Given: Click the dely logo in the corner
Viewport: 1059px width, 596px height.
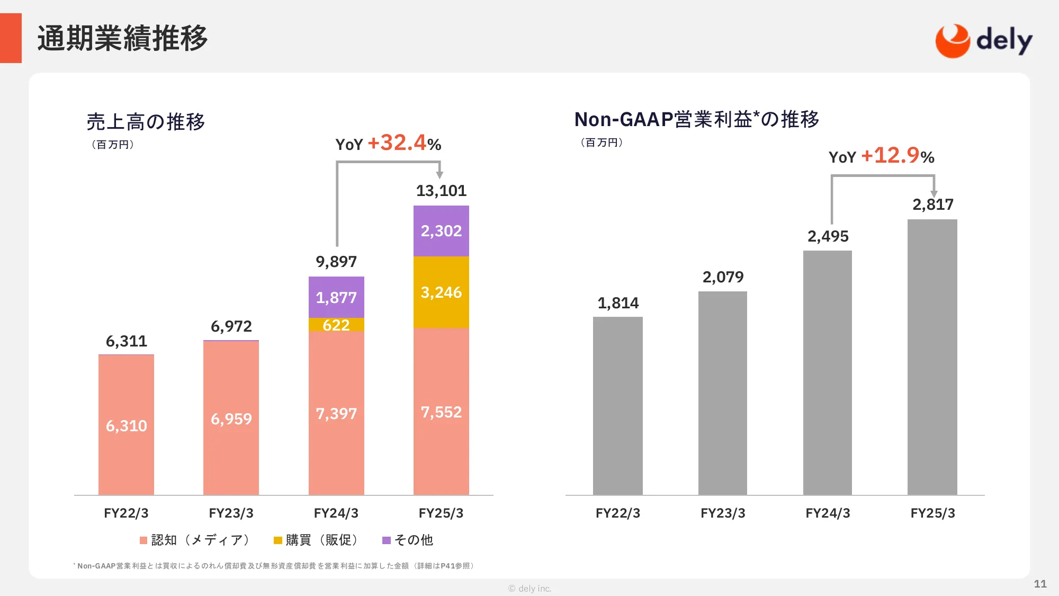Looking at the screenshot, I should pyautogui.click(x=983, y=41).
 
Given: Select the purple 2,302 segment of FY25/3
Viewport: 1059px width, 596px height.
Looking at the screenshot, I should pyautogui.click(x=441, y=231).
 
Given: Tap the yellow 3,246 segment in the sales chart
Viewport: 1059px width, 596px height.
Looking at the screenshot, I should pyautogui.click(x=441, y=292).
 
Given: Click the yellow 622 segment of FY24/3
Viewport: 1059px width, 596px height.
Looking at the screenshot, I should pyautogui.click(x=336, y=325).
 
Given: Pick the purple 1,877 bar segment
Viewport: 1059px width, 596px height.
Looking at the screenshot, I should pyautogui.click(x=336, y=297).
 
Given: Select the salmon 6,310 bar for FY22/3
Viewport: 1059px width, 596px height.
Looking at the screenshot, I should pyautogui.click(x=126, y=425).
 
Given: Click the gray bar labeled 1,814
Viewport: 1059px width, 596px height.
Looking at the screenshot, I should pyautogui.click(x=617, y=406).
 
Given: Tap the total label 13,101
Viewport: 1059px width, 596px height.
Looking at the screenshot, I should pyautogui.click(x=441, y=191).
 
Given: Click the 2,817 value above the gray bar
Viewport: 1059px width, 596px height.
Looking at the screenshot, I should pyautogui.click(x=932, y=204).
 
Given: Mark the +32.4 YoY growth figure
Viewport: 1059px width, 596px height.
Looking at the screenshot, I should pyautogui.click(x=397, y=143).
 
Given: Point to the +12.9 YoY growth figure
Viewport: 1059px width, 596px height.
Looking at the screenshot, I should pyautogui.click(x=891, y=156).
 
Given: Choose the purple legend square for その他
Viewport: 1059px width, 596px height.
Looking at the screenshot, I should pyautogui.click(x=387, y=540).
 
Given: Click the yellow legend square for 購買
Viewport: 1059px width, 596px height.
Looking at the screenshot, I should pyautogui.click(x=277, y=540).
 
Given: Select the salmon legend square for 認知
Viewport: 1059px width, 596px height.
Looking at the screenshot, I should pyautogui.click(x=143, y=540).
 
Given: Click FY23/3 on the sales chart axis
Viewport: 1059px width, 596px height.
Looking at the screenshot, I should pyautogui.click(x=231, y=513).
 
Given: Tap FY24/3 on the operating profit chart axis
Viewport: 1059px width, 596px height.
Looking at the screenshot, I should pyautogui.click(x=828, y=513).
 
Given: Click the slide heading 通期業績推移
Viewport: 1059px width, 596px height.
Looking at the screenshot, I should pyautogui.click(x=122, y=38).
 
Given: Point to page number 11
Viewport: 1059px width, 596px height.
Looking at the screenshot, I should pyautogui.click(x=1040, y=584).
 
